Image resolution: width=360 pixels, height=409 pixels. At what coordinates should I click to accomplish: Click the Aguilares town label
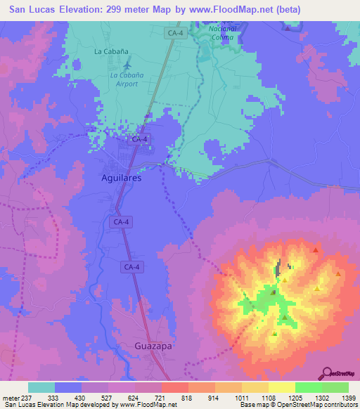pos(117,178)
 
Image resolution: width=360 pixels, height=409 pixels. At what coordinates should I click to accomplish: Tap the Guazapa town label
pos(153,346)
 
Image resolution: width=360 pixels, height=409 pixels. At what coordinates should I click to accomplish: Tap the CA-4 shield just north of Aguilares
pos(139,140)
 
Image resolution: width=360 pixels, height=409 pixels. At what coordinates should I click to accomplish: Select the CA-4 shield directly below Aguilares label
pos(121,222)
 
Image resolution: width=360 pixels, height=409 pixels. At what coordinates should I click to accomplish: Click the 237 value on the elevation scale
pos(27,398)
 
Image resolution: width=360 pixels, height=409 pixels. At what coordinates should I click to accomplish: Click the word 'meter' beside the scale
pos(11,398)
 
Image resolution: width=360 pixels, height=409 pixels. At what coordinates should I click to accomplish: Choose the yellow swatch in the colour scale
pos(281,387)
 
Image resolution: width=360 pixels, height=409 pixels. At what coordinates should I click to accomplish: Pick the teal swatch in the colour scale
pos(41,387)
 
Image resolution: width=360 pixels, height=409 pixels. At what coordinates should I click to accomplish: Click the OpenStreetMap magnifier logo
pos(327,372)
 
